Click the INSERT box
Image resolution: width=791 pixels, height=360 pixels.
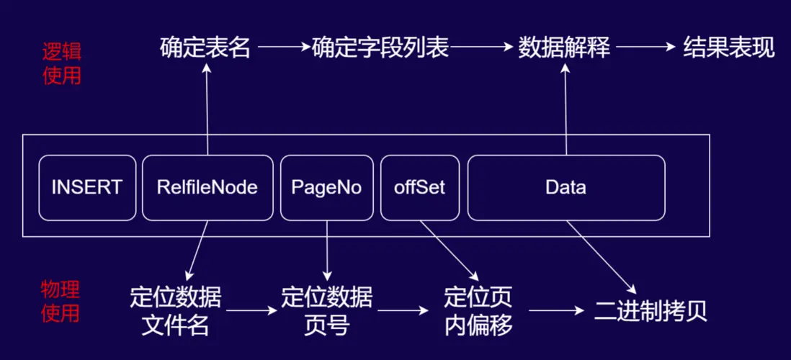pyautogui.click(x=86, y=188)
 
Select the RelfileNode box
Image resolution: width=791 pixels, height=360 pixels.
pyautogui.click(x=207, y=188)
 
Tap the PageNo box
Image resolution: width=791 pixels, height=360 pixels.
pyautogui.click(x=326, y=188)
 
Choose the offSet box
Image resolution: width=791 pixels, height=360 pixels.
pyautogui.click(x=420, y=188)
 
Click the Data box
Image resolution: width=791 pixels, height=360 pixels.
pyautogui.click(x=566, y=188)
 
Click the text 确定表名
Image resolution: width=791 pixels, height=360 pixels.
pyautogui.click(x=205, y=48)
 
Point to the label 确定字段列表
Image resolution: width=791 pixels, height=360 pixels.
pyautogui.click(x=380, y=48)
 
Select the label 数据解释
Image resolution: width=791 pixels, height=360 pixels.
pyautogui.click(x=564, y=48)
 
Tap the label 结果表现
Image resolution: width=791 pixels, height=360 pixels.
pyautogui.click(x=728, y=48)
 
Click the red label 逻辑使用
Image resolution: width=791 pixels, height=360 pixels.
pyautogui.click(x=62, y=63)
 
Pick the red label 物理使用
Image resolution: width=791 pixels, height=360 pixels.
pyautogui.click(x=61, y=302)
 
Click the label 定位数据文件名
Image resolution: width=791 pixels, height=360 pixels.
pyautogui.click(x=176, y=311)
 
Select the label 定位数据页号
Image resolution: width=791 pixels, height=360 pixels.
pyautogui.click(x=326, y=311)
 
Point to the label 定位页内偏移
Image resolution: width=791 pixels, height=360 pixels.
pyautogui.click(x=478, y=311)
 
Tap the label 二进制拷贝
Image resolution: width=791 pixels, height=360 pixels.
pyautogui.click(x=651, y=311)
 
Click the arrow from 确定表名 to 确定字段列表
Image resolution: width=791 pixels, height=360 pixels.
pyautogui.click(x=283, y=48)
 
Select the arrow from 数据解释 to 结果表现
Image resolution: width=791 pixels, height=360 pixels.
pyautogui.click(x=643, y=48)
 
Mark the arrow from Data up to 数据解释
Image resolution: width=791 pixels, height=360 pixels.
pyautogui.click(x=566, y=108)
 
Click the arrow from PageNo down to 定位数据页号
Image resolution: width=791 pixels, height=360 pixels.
pyautogui.click(x=327, y=250)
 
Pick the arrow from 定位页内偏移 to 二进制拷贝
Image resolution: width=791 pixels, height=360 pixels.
pyautogui.click(x=556, y=311)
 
